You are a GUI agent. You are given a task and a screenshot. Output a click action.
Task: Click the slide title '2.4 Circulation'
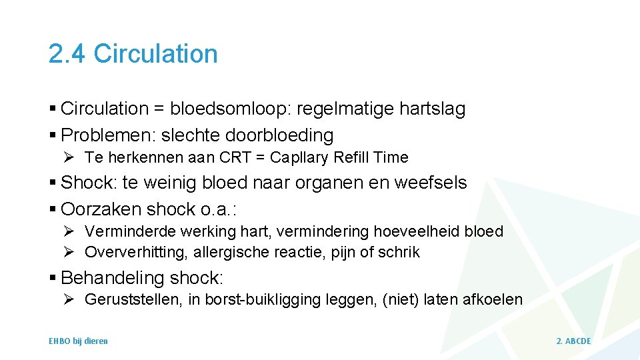[x=133, y=54]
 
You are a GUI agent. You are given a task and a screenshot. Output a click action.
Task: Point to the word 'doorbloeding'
[x=279, y=135]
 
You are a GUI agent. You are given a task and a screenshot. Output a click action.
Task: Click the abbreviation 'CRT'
[x=225, y=158]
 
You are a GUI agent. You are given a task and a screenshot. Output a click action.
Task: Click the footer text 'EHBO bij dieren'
[x=78, y=341]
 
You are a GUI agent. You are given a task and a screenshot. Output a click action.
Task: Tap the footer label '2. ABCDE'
[x=573, y=341]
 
